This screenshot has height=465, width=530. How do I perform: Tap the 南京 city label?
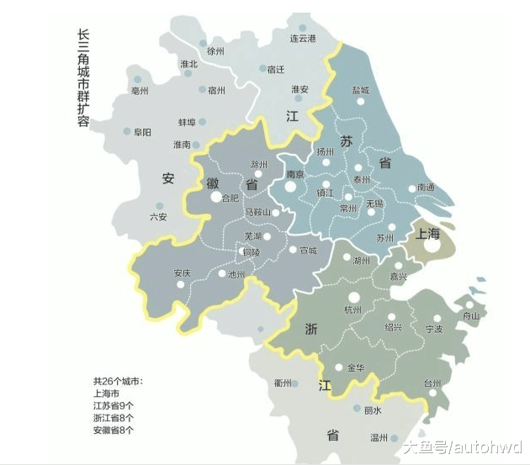click(294, 175)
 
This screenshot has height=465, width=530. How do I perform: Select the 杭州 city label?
click(352, 310)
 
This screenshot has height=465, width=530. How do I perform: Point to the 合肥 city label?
click(229, 198)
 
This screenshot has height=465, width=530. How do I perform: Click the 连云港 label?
click(302, 39)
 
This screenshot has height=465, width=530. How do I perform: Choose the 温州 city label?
click(379, 438)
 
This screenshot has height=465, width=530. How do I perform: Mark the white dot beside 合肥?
click(215, 198)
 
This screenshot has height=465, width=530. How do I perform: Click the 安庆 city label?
click(183, 273)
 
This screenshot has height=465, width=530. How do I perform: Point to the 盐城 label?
click(360, 90)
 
